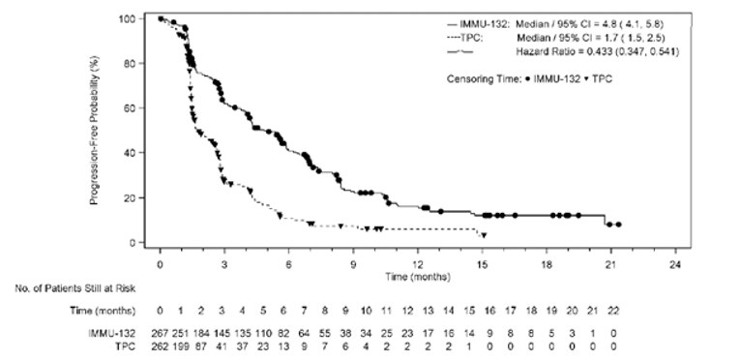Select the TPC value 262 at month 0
pyautogui.click(x=161, y=345)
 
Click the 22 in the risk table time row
pyautogui.click(x=612, y=313)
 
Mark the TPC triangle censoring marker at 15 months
pyautogui.click(x=483, y=235)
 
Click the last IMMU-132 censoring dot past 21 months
pyautogui.click(x=618, y=225)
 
